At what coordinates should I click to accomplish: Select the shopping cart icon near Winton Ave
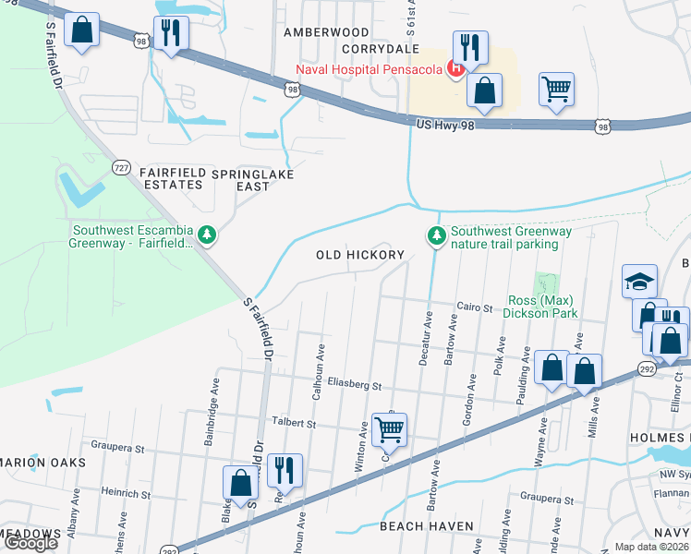(x=390, y=428)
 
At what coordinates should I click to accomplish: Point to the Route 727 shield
(x=122, y=167)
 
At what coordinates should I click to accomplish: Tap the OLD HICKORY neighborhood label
(x=360, y=255)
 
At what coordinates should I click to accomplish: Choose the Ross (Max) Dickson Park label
(x=543, y=307)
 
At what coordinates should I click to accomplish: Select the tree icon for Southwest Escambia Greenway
(x=209, y=237)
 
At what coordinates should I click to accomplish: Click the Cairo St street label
(x=473, y=306)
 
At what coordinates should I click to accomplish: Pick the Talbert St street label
(x=294, y=425)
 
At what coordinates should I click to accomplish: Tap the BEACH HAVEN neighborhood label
(x=427, y=525)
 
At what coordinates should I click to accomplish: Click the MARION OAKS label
(x=42, y=462)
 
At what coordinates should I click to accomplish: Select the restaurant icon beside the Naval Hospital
(x=470, y=47)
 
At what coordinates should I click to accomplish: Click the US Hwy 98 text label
(x=445, y=124)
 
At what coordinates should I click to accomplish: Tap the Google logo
(x=30, y=543)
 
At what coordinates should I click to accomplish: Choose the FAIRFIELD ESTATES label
(x=171, y=179)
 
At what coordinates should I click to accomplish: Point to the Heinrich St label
(x=126, y=494)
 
